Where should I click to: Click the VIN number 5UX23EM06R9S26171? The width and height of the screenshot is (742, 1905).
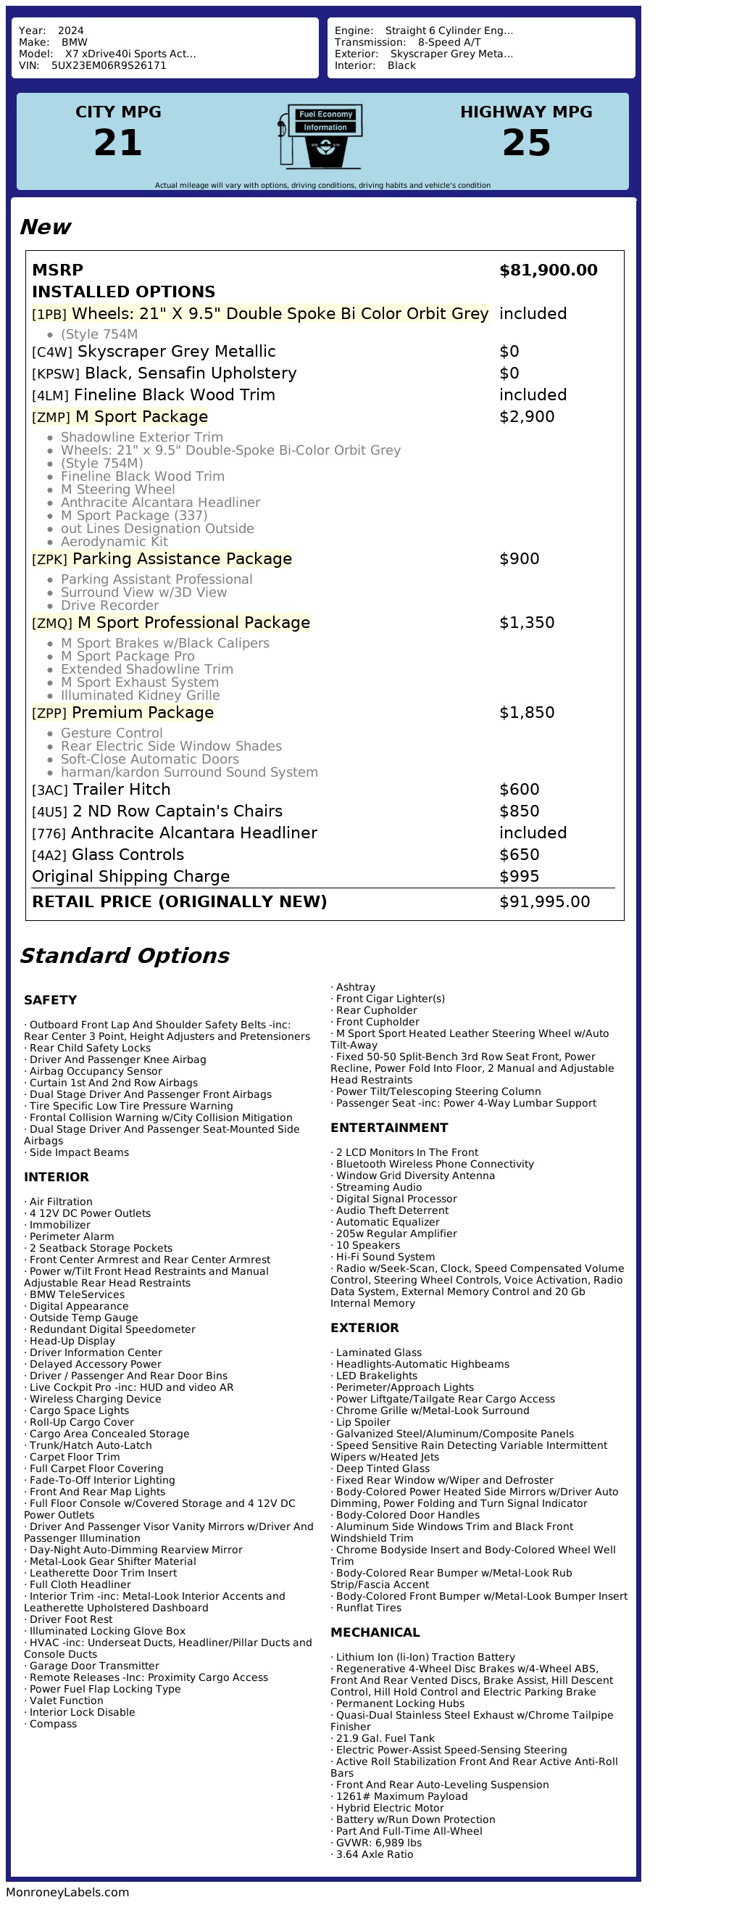point(109,66)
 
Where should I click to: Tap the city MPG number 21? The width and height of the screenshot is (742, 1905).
point(118,143)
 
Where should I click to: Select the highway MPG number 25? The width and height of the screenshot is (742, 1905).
point(526,143)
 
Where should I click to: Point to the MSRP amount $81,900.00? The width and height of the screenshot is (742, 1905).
point(549,270)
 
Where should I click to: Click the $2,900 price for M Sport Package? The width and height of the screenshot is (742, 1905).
point(526,417)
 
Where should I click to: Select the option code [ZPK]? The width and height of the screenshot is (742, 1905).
point(49,560)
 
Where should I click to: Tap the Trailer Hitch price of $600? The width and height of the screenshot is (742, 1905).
point(519,790)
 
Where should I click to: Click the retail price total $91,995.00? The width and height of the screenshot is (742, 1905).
point(545,902)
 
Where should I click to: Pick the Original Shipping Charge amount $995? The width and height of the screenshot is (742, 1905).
point(519,877)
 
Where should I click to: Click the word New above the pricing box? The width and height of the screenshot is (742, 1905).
point(46,227)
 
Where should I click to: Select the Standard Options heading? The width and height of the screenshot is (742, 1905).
point(125,956)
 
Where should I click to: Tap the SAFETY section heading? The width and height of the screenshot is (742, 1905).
point(50,1001)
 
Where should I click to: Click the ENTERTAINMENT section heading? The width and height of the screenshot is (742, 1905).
point(388,1128)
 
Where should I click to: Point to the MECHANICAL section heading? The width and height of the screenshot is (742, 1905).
point(375,1633)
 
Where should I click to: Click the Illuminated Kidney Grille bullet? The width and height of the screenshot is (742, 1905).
point(141,696)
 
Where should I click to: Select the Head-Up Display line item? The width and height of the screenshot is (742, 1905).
point(72,1342)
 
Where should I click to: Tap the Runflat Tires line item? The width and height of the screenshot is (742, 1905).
point(369,1608)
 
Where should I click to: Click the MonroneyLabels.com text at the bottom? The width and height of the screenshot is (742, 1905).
point(67,1893)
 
